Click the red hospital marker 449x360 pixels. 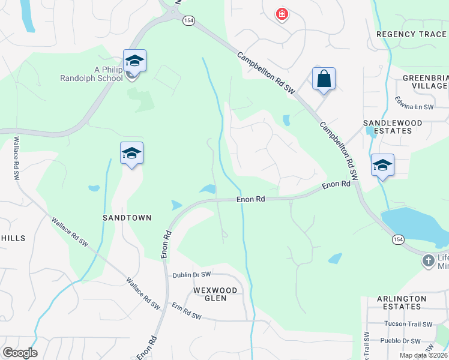pyautogui.click(x=281, y=14)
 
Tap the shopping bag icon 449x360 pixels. pyautogui.click(x=324, y=79)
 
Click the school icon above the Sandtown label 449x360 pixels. pyautogui.click(x=131, y=154)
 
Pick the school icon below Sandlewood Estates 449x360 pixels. pyautogui.click(x=382, y=164)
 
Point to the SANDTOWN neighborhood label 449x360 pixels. pyautogui.click(x=127, y=218)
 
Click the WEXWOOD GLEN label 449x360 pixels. pyautogui.click(x=215, y=294)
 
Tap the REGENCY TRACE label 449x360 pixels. pyautogui.click(x=411, y=34)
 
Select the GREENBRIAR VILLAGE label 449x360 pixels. pyautogui.click(x=425, y=82)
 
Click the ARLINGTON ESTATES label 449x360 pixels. pyautogui.click(x=399, y=302)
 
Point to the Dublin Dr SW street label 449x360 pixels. pyautogui.click(x=192, y=275)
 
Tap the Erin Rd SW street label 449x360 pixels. pyautogui.click(x=186, y=310)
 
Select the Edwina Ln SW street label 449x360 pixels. pyautogui.click(x=414, y=103)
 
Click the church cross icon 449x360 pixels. pyautogui.click(x=428, y=260)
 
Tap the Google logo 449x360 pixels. pyautogui.click(x=20, y=353)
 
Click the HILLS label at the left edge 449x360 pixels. pyautogui.click(x=13, y=238)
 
